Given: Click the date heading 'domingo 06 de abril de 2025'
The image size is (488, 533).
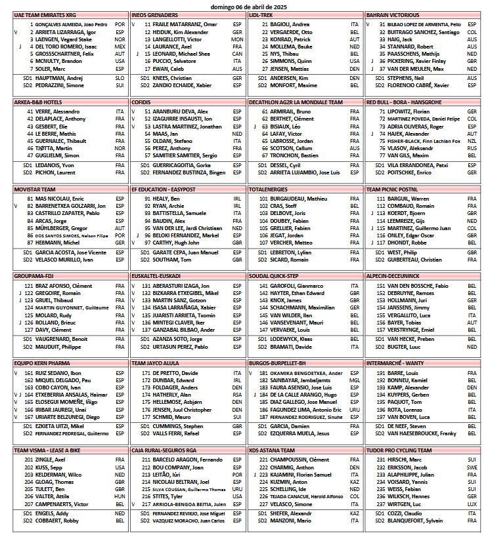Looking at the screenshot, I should click(x=243, y=5).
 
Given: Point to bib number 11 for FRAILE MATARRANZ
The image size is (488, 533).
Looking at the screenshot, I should click(x=148, y=24).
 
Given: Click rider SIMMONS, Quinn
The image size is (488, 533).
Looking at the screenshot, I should click(x=289, y=61).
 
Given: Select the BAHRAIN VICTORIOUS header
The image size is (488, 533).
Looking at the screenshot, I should click(x=393, y=14).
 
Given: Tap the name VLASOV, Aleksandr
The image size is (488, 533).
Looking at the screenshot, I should click(x=405, y=148).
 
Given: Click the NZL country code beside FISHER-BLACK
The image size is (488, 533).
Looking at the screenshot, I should click(x=472, y=141).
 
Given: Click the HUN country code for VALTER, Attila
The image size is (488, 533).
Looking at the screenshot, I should click(x=120, y=496).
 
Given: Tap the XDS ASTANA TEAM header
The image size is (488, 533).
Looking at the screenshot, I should click(x=272, y=450).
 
